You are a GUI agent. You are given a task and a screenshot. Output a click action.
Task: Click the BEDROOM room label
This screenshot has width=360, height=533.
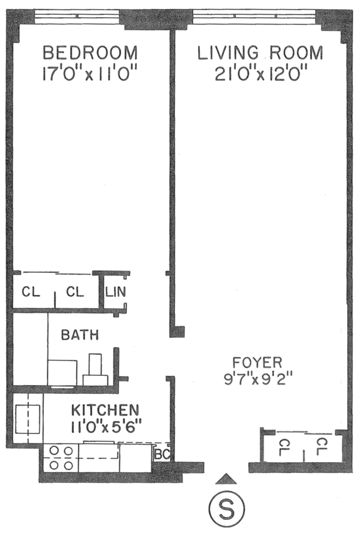[x=90, y=53]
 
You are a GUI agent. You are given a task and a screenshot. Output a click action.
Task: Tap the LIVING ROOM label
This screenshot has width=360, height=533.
[x=260, y=53]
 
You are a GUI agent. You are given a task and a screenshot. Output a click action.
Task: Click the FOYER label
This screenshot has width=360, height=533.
[x=257, y=363]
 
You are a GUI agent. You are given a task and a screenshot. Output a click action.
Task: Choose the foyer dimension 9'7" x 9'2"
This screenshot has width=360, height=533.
[x=257, y=379]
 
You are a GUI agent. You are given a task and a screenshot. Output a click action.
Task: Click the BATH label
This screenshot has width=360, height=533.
[x=80, y=336]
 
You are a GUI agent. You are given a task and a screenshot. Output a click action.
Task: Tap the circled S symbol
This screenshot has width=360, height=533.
[x=226, y=510]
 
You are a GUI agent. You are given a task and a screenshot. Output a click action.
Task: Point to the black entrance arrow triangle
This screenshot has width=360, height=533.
[x=226, y=478]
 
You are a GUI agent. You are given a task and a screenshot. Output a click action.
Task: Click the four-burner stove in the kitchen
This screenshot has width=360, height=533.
[x=60, y=457]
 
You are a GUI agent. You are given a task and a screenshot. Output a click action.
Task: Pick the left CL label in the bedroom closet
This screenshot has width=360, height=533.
[x=31, y=293]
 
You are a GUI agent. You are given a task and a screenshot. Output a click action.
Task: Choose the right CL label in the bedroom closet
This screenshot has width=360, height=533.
[x=75, y=293]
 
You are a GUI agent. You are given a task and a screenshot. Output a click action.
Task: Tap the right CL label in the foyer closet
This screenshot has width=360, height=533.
[x=322, y=447]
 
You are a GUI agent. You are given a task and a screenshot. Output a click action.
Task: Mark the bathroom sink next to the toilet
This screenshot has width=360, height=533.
[x=62, y=372]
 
